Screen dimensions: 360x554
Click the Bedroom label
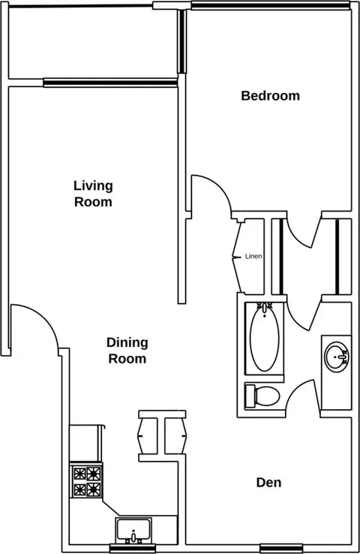point(270,96)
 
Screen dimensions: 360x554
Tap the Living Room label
point(93,194)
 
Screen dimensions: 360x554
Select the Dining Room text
point(127,351)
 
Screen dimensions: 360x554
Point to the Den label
point(269,482)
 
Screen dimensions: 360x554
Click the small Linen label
point(253,256)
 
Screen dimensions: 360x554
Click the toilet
point(262,396)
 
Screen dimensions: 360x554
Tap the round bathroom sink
point(336,357)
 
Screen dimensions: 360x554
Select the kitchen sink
point(133,531)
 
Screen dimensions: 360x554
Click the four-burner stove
point(86,481)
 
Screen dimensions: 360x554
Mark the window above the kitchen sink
point(133,548)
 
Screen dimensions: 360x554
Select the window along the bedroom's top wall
point(270,5)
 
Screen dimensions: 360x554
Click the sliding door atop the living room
point(110,83)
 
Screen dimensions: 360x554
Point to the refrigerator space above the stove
point(86,444)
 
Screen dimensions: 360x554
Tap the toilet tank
point(250,396)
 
